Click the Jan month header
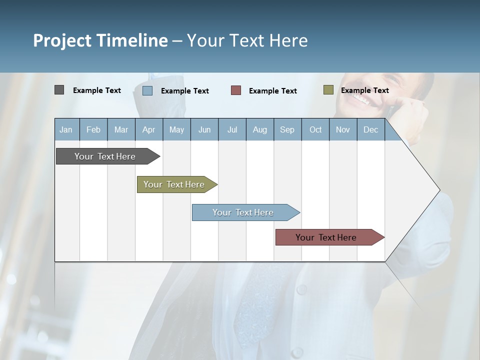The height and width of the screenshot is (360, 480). tap(66, 130)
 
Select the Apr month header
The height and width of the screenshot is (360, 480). tap(149, 130)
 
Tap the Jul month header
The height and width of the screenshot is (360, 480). tap(232, 130)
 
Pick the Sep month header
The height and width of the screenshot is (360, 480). tap(287, 130)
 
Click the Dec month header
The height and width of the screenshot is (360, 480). tap(370, 130)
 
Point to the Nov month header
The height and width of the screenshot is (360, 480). tap(343, 130)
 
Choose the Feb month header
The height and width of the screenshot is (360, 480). tap(93, 130)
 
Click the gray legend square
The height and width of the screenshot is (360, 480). tap(59, 90)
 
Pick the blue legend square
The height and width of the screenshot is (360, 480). tap(147, 90)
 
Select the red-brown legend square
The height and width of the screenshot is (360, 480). tap(236, 90)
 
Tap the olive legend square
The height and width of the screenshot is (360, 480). tap(328, 90)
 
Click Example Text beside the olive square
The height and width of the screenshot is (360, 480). tap(364, 90)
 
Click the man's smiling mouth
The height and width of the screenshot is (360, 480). tap(361, 97)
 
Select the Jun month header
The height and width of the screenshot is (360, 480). tap(204, 130)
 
